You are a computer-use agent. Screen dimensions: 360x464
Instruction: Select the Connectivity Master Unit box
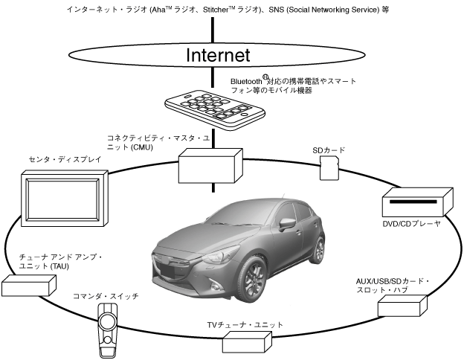210,164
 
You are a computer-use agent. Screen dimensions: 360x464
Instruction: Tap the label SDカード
329,150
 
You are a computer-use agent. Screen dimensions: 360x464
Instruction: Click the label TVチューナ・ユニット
245,325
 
